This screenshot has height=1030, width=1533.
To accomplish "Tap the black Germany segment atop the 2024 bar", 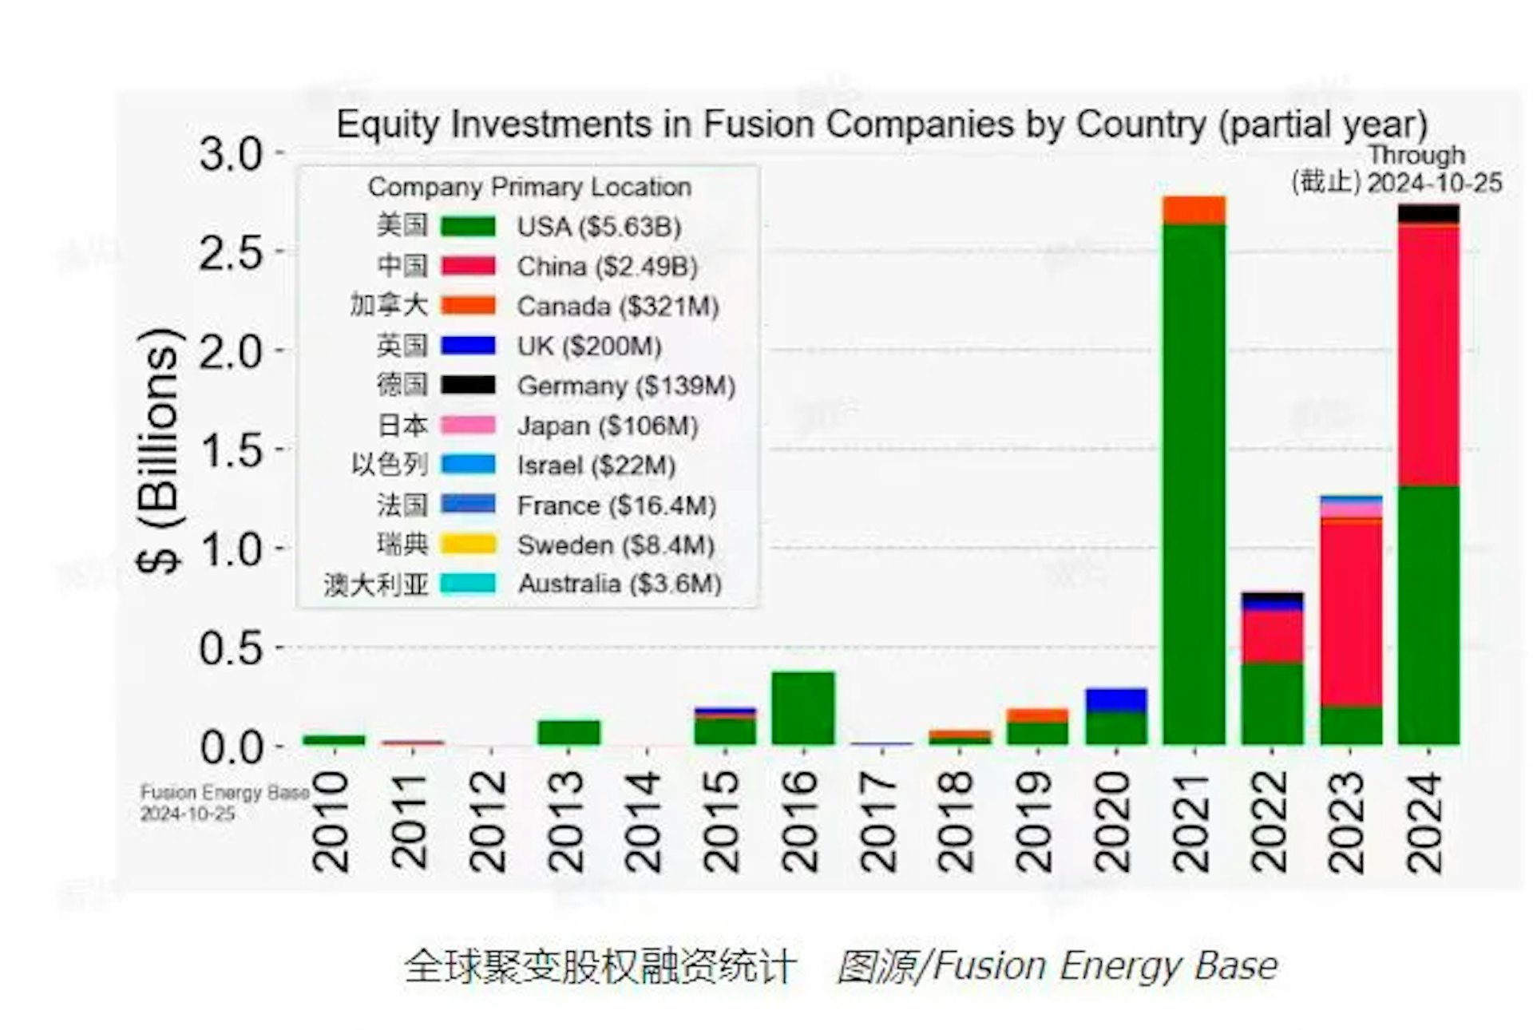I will [1428, 213].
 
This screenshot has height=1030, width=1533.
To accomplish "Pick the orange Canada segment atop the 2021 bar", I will [1194, 209].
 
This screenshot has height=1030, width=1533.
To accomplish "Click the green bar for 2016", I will [802, 707].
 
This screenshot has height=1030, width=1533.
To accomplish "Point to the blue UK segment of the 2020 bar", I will [1115, 699].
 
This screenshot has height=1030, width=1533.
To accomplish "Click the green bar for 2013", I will [568, 732].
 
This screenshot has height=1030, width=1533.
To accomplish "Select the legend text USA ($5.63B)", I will [599, 227].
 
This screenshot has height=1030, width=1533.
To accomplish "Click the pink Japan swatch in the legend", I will [468, 426].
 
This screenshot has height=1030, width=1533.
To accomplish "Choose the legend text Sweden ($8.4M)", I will [615, 545].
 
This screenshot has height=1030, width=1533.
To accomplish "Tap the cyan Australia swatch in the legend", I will [468, 584].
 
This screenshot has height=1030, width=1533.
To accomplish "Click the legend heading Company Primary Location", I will [529, 187].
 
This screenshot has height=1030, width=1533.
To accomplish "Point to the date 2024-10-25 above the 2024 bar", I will [1434, 183].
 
